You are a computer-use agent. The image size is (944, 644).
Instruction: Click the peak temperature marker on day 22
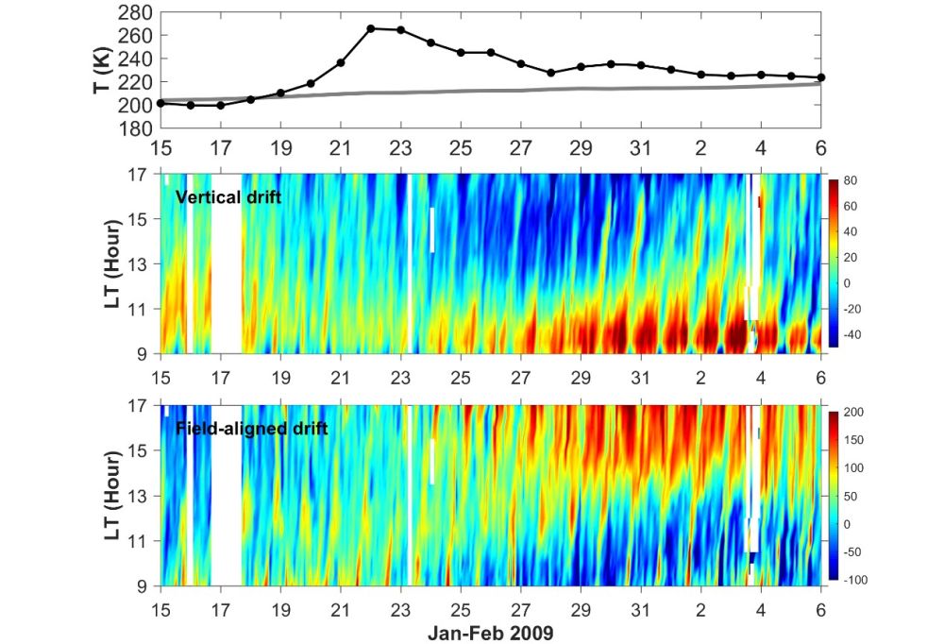point(370,28)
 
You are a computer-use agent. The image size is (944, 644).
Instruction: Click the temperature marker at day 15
point(160,103)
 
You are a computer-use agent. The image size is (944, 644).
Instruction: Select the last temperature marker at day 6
point(821,77)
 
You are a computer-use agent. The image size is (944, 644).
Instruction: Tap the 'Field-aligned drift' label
point(252,429)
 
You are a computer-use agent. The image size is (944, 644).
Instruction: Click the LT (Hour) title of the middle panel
point(113,263)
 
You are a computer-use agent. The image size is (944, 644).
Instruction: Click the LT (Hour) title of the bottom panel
point(113,495)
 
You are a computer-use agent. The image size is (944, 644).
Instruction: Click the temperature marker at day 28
point(551,73)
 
